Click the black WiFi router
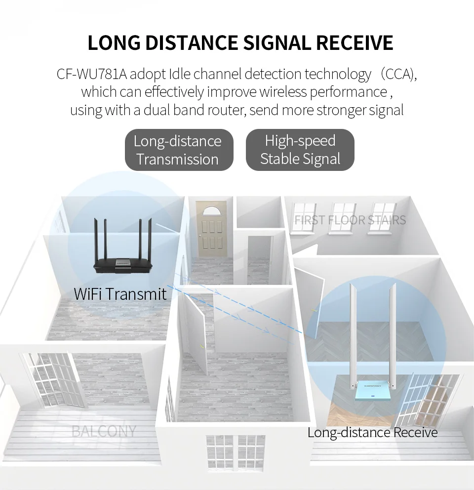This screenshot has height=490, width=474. [x=126, y=264]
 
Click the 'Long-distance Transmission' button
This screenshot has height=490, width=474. [x=178, y=150]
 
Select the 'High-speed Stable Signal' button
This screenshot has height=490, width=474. [x=300, y=150]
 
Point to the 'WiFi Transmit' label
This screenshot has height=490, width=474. [x=120, y=294]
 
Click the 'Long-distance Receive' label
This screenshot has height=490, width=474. [x=372, y=433]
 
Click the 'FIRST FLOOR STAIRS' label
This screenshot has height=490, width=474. [x=350, y=220]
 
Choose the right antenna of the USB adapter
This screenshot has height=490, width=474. [x=393, y=336]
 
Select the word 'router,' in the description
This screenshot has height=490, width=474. [x=226, y=110]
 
